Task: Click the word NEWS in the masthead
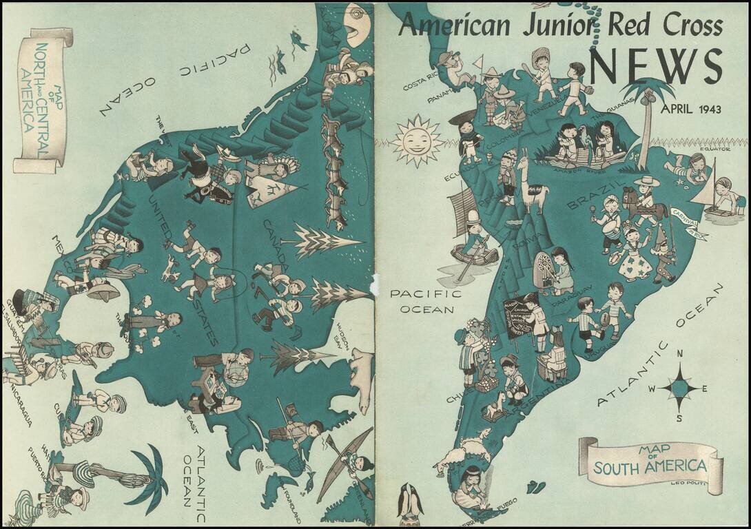(655, 67)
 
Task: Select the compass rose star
(679, 388)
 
